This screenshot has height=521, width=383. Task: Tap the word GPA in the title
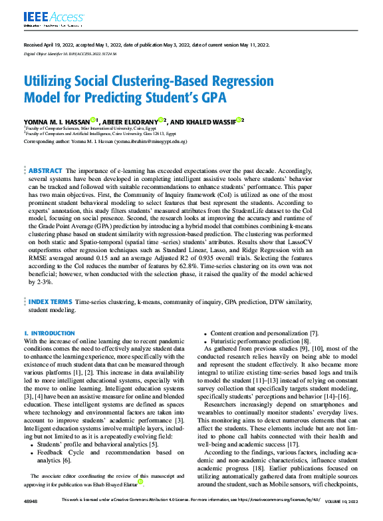211,98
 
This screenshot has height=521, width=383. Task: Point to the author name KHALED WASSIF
211,122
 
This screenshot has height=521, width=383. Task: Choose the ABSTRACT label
45,171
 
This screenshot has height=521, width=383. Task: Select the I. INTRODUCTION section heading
49,333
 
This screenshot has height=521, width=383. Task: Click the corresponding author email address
151,142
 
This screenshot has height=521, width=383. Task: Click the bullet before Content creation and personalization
207,333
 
